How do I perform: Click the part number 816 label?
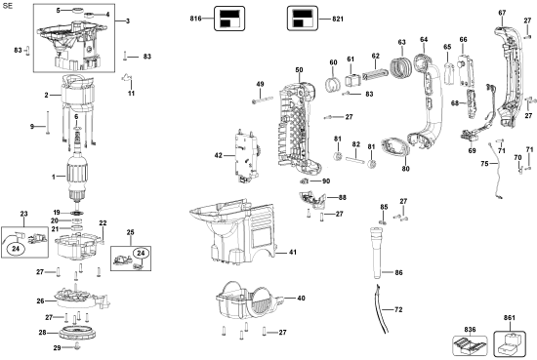(x=195, y=19)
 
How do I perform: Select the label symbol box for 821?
(x=303, y=19)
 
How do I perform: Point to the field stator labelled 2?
(x=78, y=93)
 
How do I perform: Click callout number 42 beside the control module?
(x=219, y=155)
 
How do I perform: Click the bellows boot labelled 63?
(x=401, y=68)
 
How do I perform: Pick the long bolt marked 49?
(x=262, y=100)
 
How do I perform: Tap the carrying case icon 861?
(x=510, y=343)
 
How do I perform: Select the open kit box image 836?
(x=471, y=345)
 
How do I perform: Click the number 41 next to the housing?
(x=293, y=253)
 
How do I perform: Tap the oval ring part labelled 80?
(x=394, y=147)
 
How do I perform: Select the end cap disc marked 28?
(x=78, y=333)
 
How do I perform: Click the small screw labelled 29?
(x=77, y=346)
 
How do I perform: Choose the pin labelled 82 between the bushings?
(x=354, y=160)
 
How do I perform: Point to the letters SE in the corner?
(x=7, y=6)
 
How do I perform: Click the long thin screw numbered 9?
(x=48, y=122)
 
